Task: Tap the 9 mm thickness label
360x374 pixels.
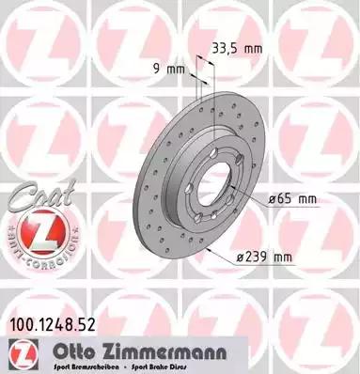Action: (166, 68)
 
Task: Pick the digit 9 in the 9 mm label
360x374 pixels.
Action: (156, 68)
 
